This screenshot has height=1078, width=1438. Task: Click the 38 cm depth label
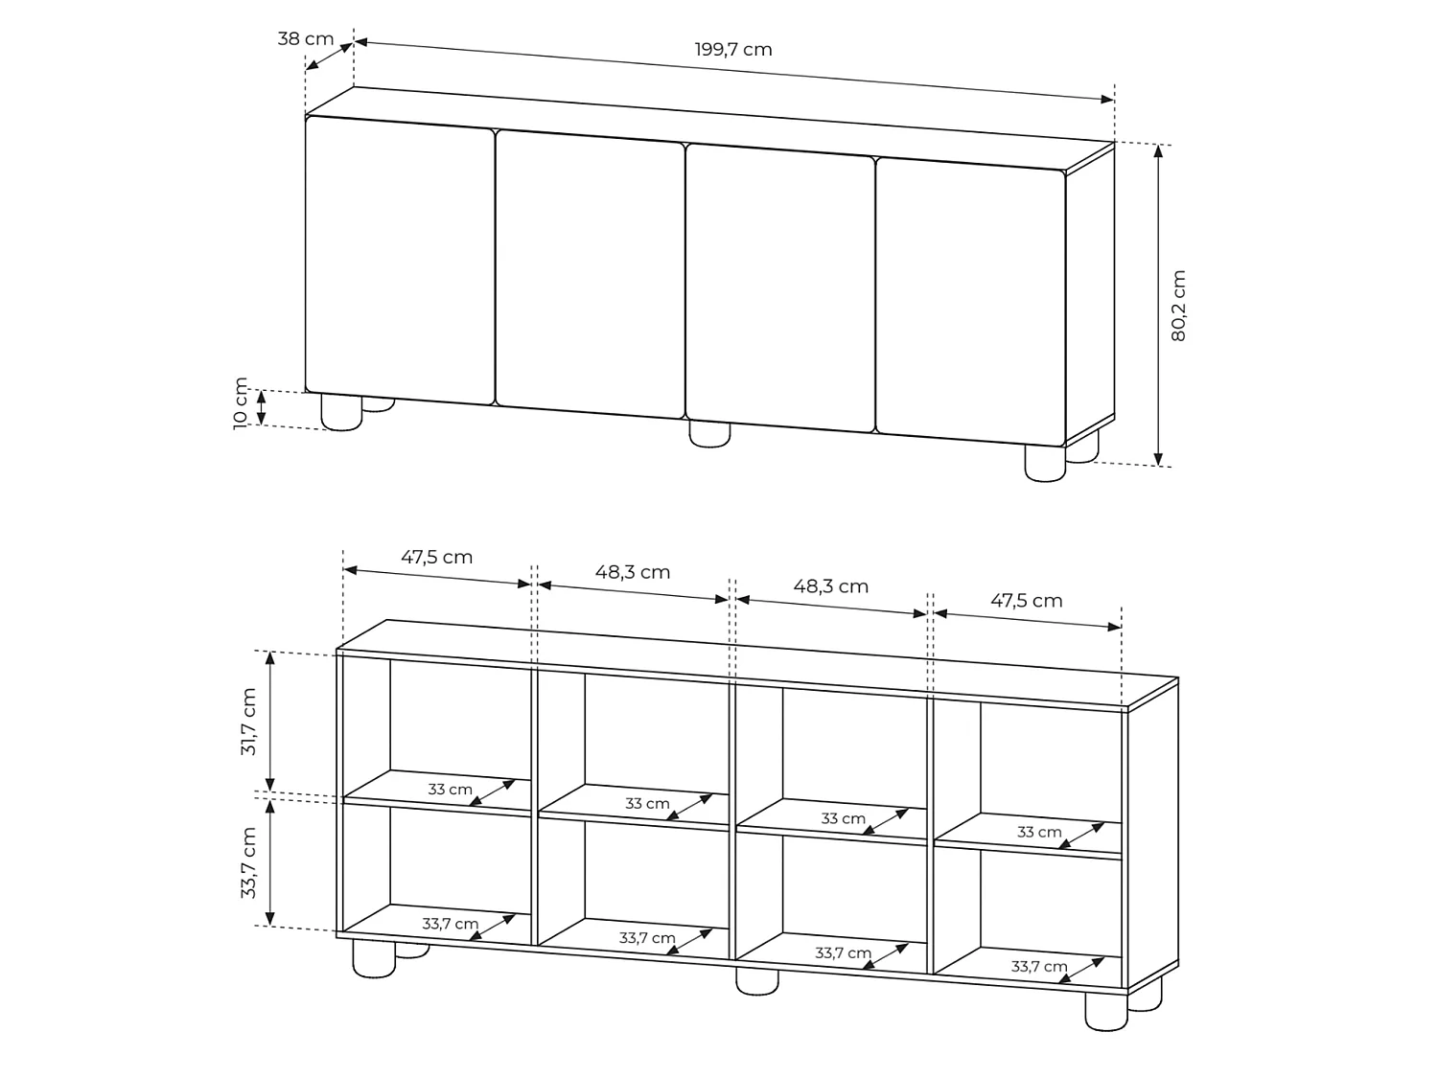pos(305,38)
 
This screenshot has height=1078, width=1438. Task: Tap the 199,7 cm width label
pos(733,50)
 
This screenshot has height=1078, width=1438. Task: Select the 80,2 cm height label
pos(1178,305)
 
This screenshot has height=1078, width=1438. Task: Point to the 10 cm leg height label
pos(241,403)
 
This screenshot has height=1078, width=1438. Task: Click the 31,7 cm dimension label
pos(248,722)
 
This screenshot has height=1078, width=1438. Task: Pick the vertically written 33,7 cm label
pos(248,862)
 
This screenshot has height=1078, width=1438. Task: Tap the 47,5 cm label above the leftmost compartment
pos(436,557)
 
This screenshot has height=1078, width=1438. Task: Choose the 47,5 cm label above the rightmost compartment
pos(1026,600)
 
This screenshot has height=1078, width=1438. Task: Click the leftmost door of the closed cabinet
pos(400,261)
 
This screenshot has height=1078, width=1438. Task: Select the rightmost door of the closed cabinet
pos(970,303)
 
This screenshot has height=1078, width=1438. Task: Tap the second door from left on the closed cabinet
pos(591,274)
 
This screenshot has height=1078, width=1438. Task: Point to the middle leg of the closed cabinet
pos(709,434)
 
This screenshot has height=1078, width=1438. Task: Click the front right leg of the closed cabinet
pos(1045,464)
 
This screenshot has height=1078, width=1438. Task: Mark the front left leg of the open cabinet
pos(374,959)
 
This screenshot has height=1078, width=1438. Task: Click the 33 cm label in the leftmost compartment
pos(450,790)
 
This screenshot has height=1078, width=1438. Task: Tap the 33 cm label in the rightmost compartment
pos(1039,832)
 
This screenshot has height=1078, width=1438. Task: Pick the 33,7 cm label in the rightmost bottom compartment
pos(1039,966)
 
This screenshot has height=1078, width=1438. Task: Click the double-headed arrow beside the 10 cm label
pos(262,407)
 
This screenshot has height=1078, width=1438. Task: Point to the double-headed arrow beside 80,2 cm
pos(1158,305)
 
